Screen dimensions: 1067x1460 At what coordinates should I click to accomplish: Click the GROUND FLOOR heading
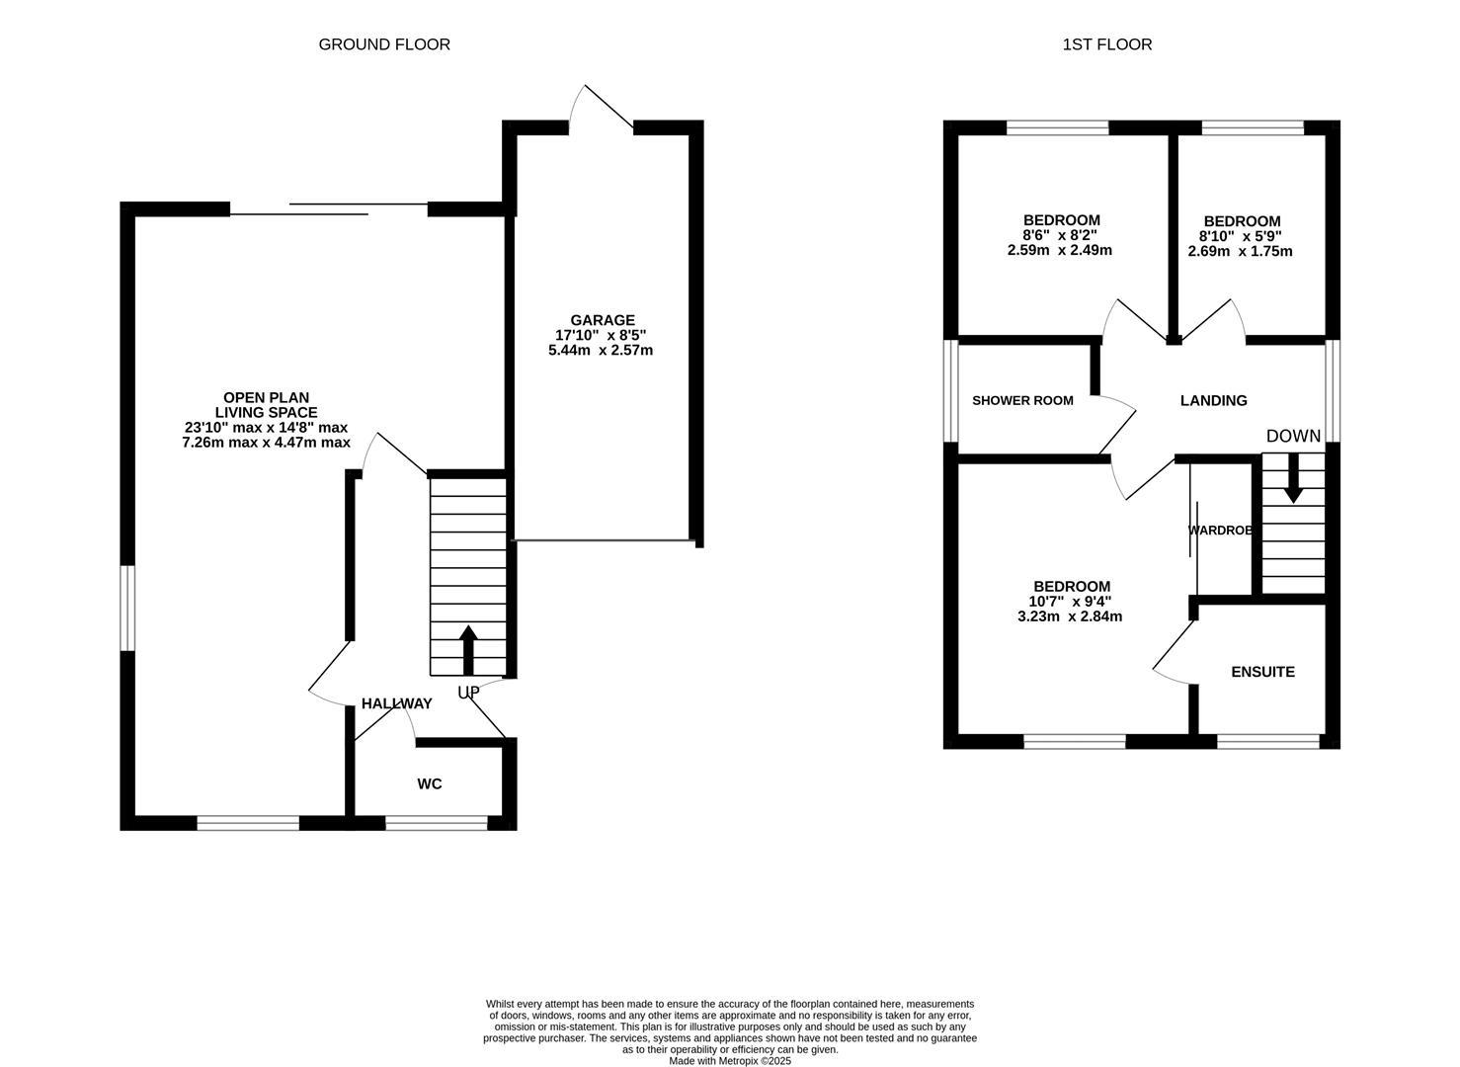point(383,44)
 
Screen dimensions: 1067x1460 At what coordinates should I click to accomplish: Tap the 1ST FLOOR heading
point(1106,44)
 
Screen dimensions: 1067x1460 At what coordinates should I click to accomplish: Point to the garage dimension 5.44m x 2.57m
point(601,350)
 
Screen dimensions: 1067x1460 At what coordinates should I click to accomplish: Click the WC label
point(430,784)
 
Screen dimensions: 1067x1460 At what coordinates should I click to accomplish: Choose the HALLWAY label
point(396,703)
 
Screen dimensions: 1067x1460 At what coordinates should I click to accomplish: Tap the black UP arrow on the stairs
point(468,649)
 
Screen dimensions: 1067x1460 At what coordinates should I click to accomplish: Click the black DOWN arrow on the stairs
point(1292,484)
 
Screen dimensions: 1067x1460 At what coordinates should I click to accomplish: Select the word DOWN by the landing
point(1293,436)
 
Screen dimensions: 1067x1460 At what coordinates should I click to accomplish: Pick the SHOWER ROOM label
point(1022,400)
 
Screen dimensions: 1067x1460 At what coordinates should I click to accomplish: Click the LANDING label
point(1213,400)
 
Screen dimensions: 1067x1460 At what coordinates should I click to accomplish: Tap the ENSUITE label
point(1262,672)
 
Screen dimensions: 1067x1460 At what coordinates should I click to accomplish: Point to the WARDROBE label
point(1221,531)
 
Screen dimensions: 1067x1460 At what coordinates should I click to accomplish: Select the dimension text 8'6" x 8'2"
point(1060,235)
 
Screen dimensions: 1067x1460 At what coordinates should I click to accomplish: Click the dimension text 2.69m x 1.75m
point(1240,251)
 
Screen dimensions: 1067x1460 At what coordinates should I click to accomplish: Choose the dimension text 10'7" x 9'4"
point(1070,601)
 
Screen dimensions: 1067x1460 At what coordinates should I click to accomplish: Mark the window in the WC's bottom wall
point(436,822)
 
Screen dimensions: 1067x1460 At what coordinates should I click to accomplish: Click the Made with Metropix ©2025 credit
point(730,1061)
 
